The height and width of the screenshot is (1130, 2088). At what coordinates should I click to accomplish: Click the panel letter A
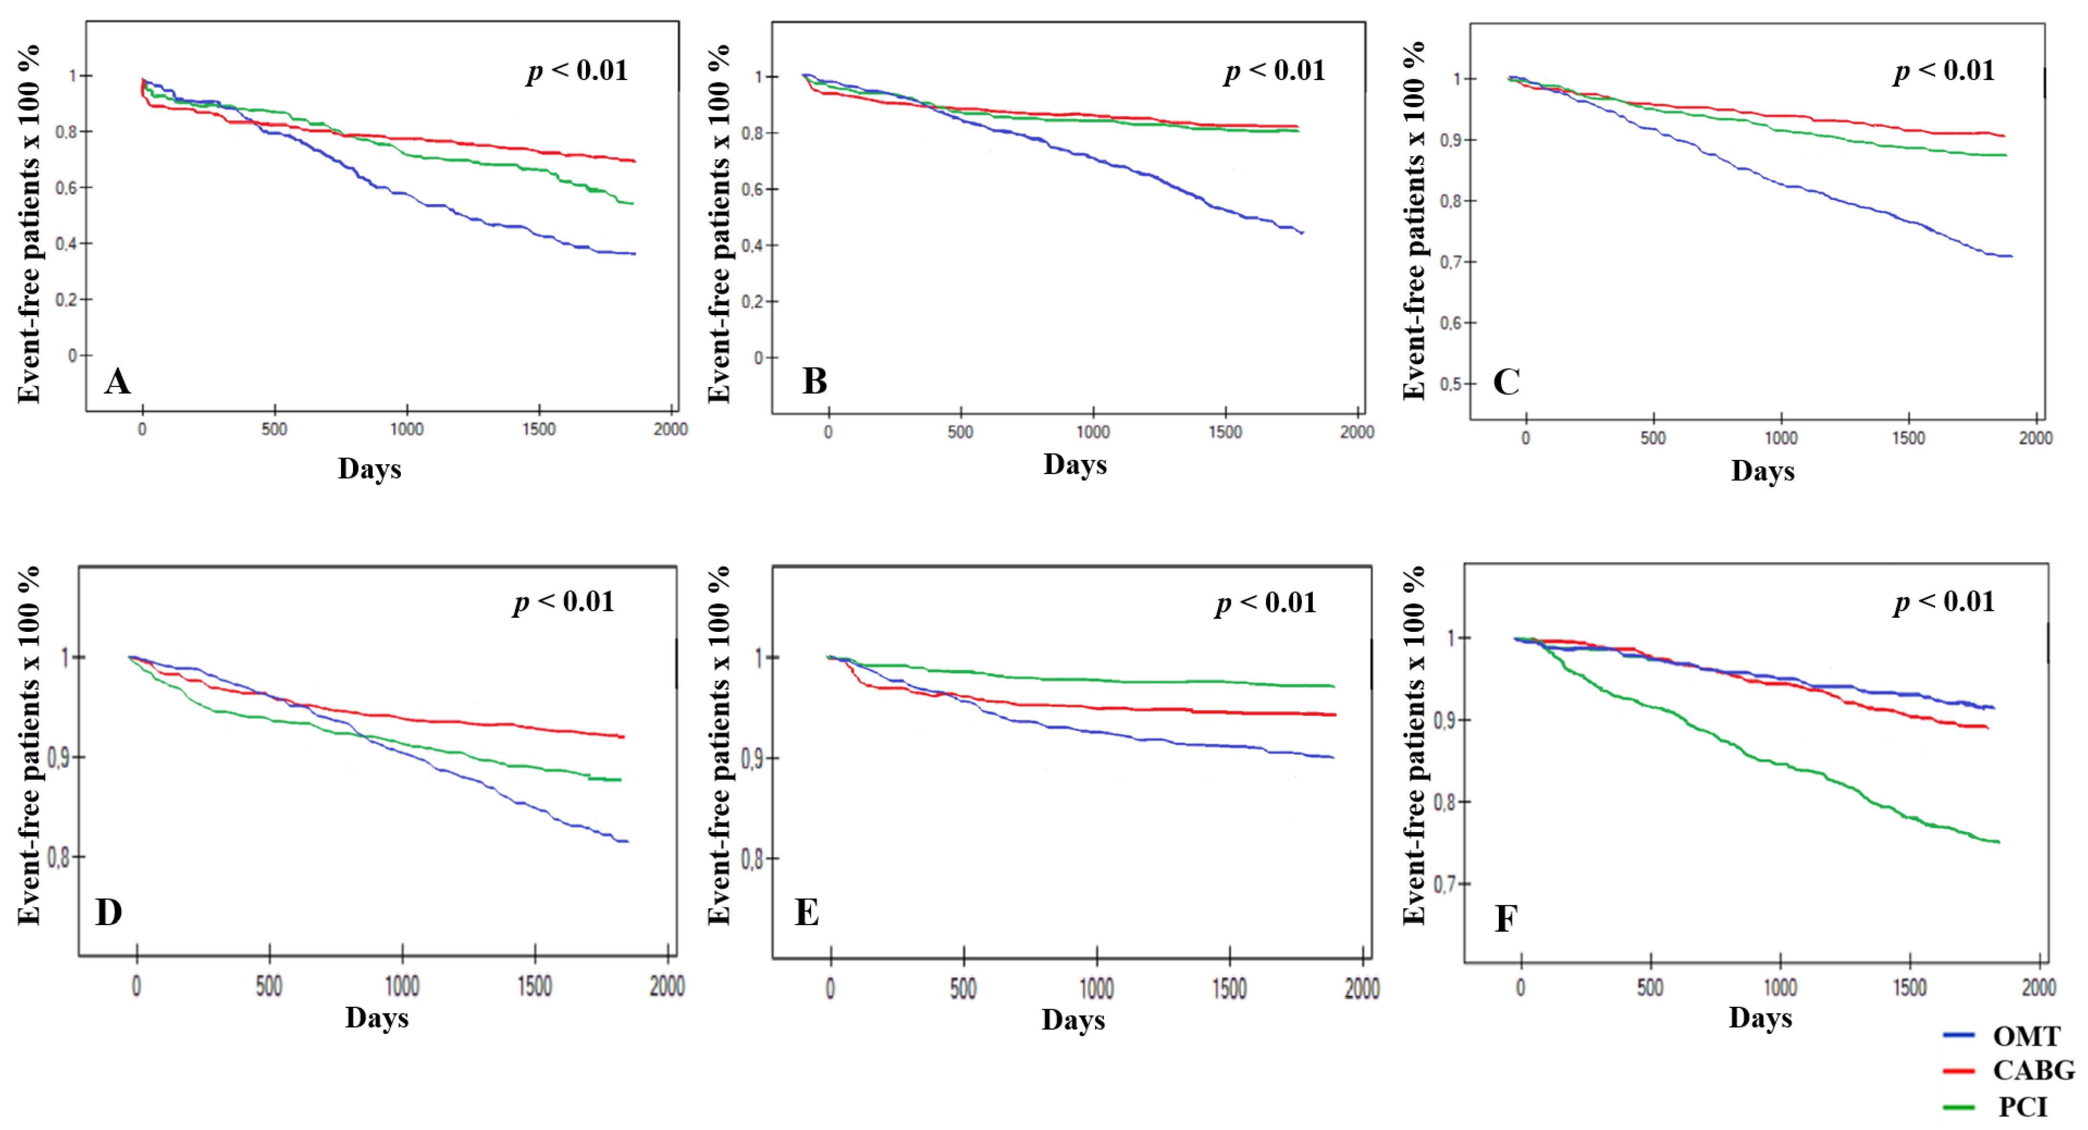[117, 381]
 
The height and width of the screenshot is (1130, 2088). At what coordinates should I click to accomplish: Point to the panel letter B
[815, 381]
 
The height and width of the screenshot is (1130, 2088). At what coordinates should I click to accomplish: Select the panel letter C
[1506, 382]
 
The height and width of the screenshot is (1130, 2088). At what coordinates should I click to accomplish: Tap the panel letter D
[109, 912]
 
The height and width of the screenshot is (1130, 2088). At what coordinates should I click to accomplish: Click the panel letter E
[807, 913]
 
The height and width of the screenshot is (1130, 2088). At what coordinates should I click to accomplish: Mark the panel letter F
[1505, 918]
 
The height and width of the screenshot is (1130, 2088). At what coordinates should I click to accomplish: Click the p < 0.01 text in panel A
[577, 71]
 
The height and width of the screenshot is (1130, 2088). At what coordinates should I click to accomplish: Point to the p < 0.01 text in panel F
[1944, 602]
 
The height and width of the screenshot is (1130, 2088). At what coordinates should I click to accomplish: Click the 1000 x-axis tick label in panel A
[407, 429]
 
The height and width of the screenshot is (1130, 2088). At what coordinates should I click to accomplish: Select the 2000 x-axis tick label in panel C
[2035, 439]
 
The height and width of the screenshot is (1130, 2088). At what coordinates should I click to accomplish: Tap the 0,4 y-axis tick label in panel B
[753, 246]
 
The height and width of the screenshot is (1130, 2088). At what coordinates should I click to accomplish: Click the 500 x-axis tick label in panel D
[269, 986]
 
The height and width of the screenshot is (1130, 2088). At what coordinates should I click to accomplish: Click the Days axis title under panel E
[1073, 1020]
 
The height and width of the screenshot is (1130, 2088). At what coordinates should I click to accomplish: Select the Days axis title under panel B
[1075, 465]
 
